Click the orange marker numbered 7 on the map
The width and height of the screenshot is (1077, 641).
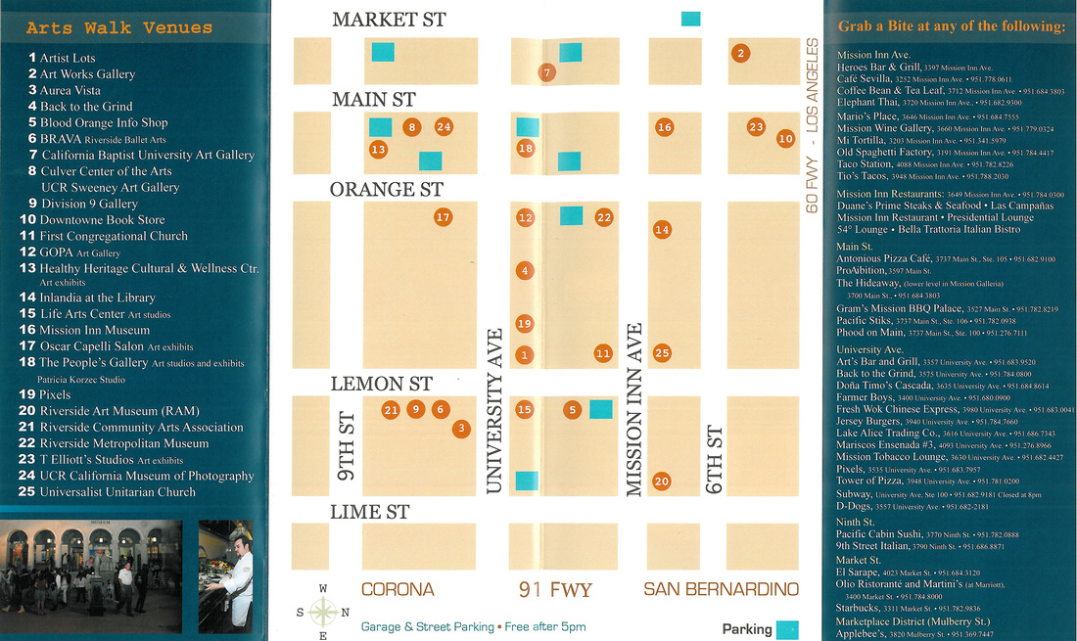coord(547,71)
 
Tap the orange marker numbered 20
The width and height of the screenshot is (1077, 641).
coord(662,481)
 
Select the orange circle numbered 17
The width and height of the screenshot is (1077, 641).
coord(443,217)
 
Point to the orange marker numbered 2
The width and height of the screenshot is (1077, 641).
coord(741,53)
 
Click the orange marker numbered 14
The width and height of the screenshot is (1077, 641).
coord(662,229)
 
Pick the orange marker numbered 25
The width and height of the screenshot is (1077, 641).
coord(662,353)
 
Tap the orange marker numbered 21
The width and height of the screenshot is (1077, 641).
coord(391,410)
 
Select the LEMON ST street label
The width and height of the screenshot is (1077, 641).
coord(381,384)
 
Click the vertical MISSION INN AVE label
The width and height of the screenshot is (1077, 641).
coord(634,410)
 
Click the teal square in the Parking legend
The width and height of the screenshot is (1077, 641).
coord(787,630)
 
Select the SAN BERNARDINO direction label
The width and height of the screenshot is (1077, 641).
coord(721,589)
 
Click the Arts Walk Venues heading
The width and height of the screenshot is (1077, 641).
coord(120,27)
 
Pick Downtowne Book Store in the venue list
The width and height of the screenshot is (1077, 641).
coord(103,220)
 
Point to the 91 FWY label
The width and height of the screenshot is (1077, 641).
coord(554,589)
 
